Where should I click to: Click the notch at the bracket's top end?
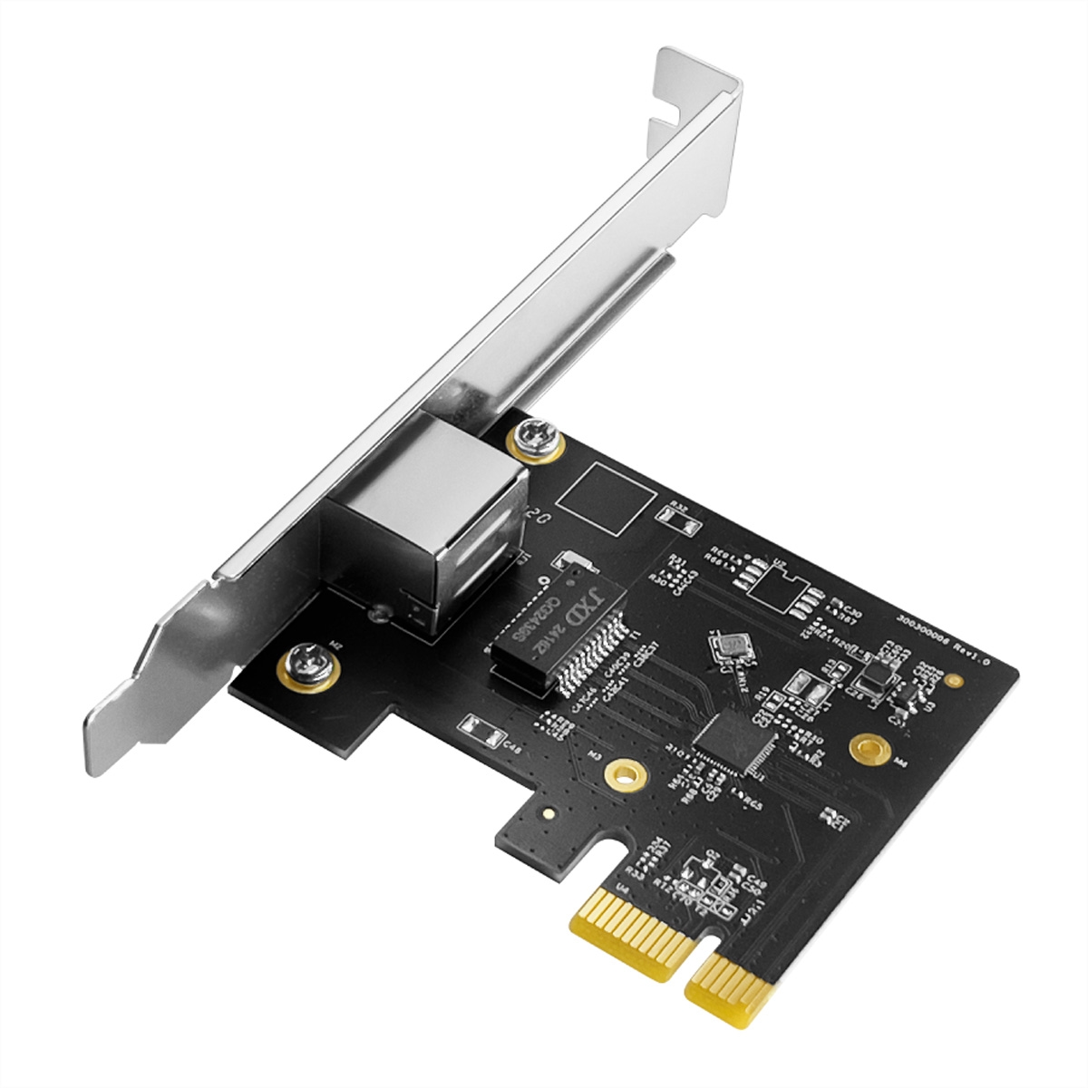[666, 113]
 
